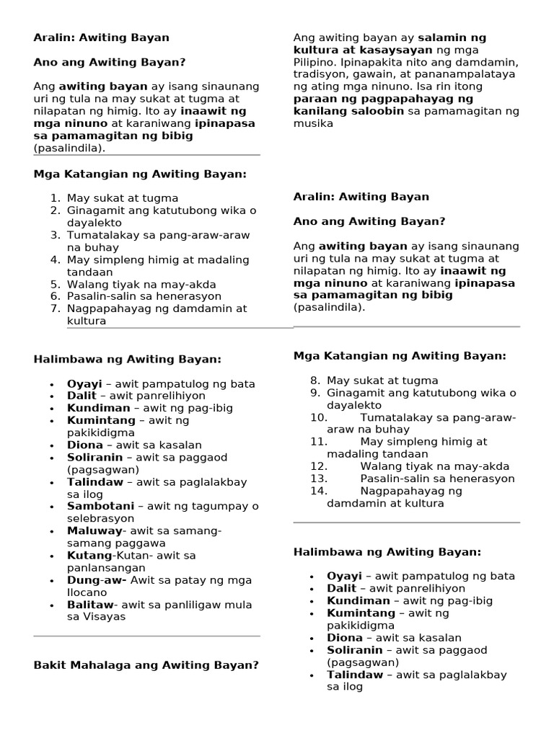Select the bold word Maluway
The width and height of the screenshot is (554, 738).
tap(89, 530)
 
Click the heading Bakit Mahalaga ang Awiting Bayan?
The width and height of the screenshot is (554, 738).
tap(146, 664)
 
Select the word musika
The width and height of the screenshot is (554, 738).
tap(313, 123)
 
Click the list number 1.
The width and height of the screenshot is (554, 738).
tap(54, 197)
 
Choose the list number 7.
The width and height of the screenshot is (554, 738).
tap(54, 308)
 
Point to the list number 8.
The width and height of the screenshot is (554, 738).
tap(315, 380)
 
